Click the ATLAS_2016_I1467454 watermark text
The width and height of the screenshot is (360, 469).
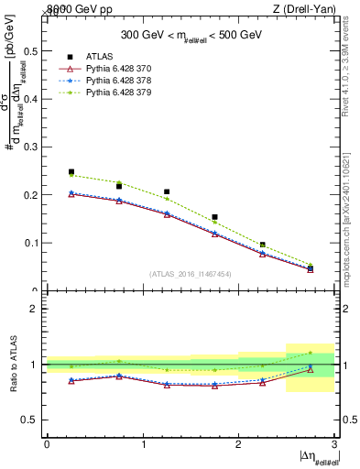click(x=191, y=273)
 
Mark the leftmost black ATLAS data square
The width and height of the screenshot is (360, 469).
click(x=71, y=171)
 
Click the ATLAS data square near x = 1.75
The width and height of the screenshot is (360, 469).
click(x=214, y=217)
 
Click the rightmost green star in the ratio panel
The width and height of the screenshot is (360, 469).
click(x=310, y=353)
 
